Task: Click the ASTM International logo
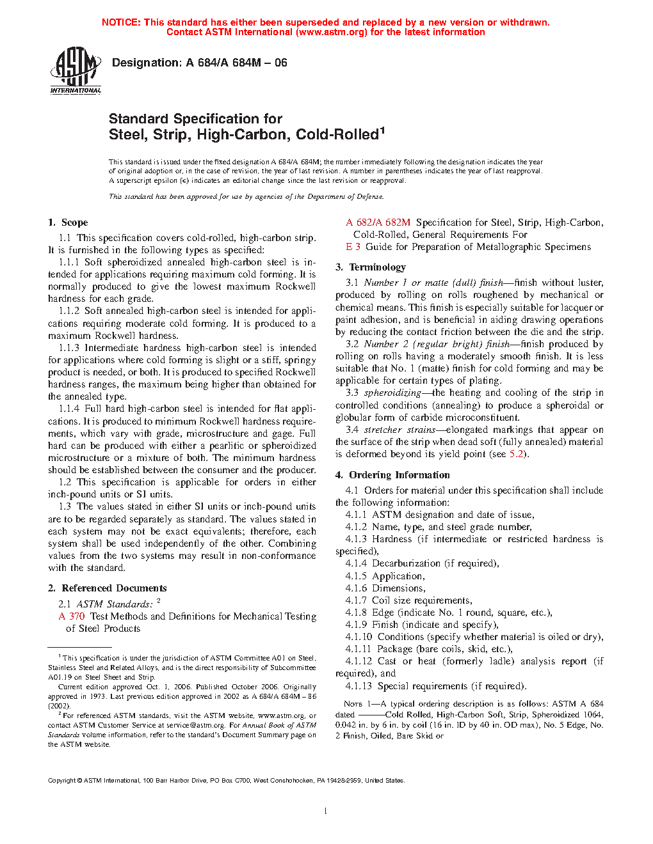(76, 70)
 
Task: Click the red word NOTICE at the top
(120, 22)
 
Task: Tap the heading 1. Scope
(68, 223)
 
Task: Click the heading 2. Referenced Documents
(107, 588)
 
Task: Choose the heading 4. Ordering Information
(392, 475)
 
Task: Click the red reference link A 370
(72, 616)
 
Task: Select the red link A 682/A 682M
(378, 223)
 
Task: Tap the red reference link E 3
(353, 247)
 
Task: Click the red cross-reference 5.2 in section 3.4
(516, 454)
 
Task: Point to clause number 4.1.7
(356, 600)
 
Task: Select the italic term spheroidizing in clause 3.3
(392, 393)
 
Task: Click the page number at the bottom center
(326, 811)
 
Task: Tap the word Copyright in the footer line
(62, 780)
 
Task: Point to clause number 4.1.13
(359, 686)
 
